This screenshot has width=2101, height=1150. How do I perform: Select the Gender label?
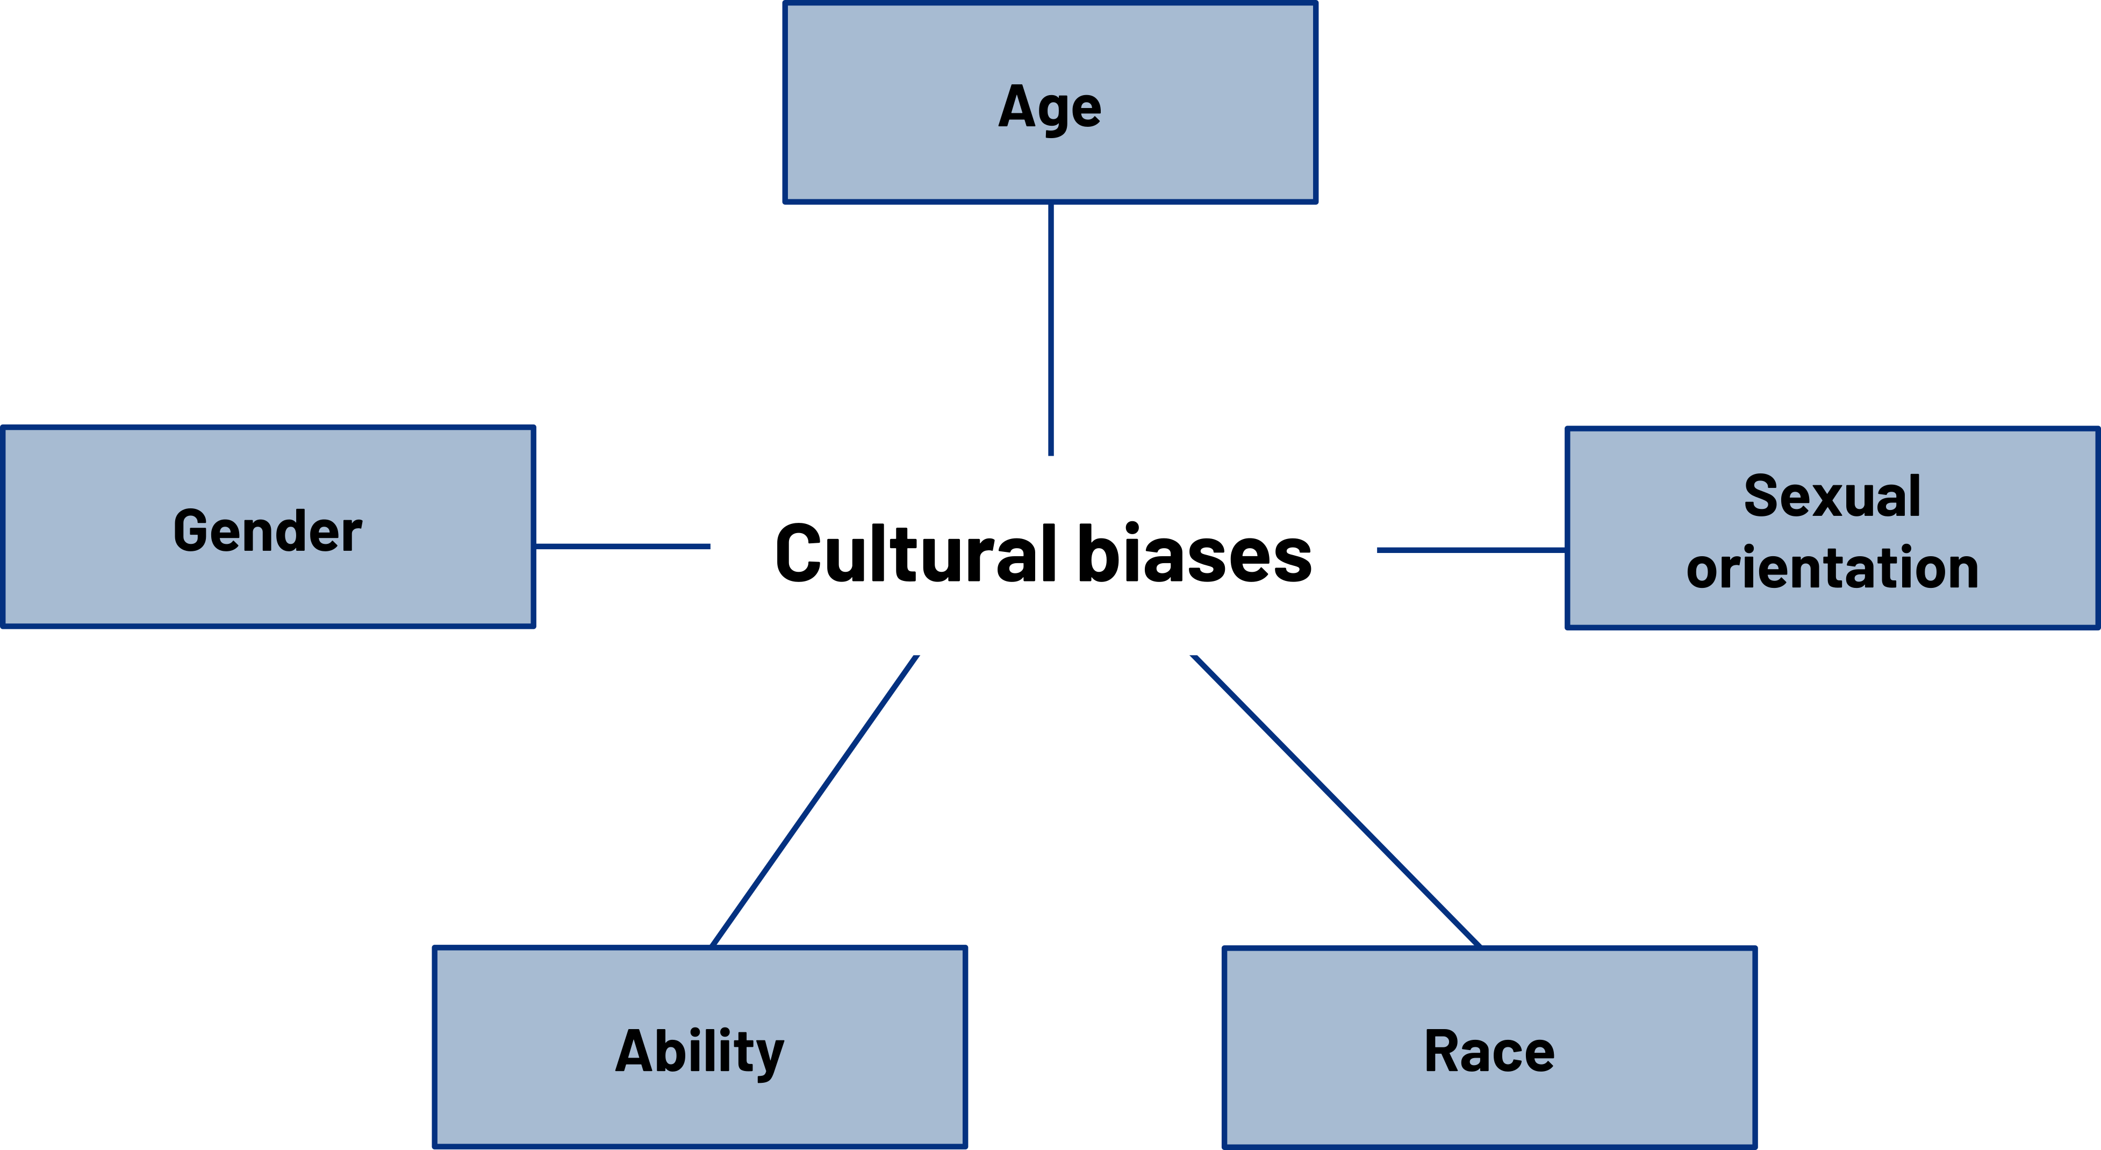(x=268, y=531)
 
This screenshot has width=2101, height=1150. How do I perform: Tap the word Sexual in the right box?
(x=1832, y=496)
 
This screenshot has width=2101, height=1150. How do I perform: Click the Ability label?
(x=700, y=1053)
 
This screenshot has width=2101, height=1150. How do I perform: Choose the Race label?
(x=1489, y=1051)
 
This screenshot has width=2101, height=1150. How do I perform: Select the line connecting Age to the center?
(x=1050, y=329)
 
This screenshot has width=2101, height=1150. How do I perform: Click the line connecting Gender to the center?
(x=622, y=547)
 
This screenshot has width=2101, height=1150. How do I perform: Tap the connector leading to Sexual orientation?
(x=1472, y=550)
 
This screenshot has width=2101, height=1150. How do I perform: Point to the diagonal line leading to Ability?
(x=815, y=801)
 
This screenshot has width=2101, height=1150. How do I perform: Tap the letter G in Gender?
(x=192, y=531)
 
